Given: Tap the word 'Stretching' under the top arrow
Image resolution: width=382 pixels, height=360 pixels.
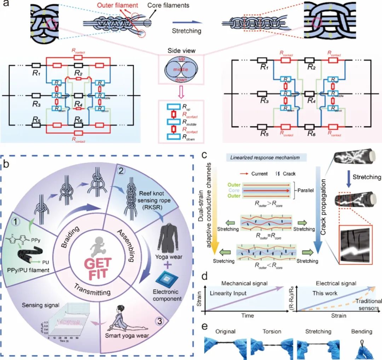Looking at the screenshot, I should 186,31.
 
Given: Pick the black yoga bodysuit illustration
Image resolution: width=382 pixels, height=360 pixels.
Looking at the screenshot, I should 168,231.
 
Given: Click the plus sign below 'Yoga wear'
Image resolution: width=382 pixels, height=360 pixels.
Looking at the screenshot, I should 170,267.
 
